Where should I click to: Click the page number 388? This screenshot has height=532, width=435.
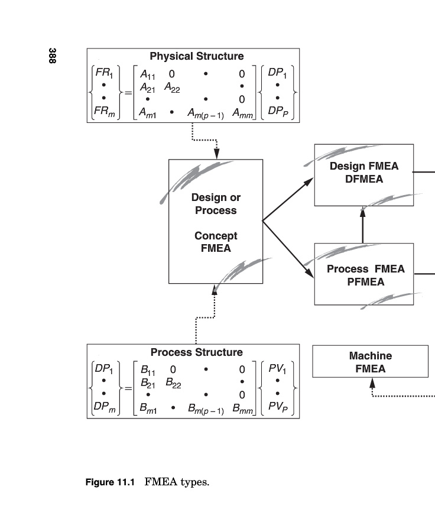[53, 56]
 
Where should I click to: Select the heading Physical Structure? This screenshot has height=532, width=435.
[196, 57]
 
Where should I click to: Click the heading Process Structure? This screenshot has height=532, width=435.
[196, 352]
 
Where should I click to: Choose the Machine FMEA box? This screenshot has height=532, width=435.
[370, 362]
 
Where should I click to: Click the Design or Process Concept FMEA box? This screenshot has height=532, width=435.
[216, 222]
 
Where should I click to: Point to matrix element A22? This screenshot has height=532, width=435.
[172, 87]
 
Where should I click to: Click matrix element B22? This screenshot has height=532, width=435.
[173, 383]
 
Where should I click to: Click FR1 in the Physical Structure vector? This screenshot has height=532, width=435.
[107, 74]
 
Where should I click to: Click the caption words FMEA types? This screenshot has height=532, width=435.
[177, 482]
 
